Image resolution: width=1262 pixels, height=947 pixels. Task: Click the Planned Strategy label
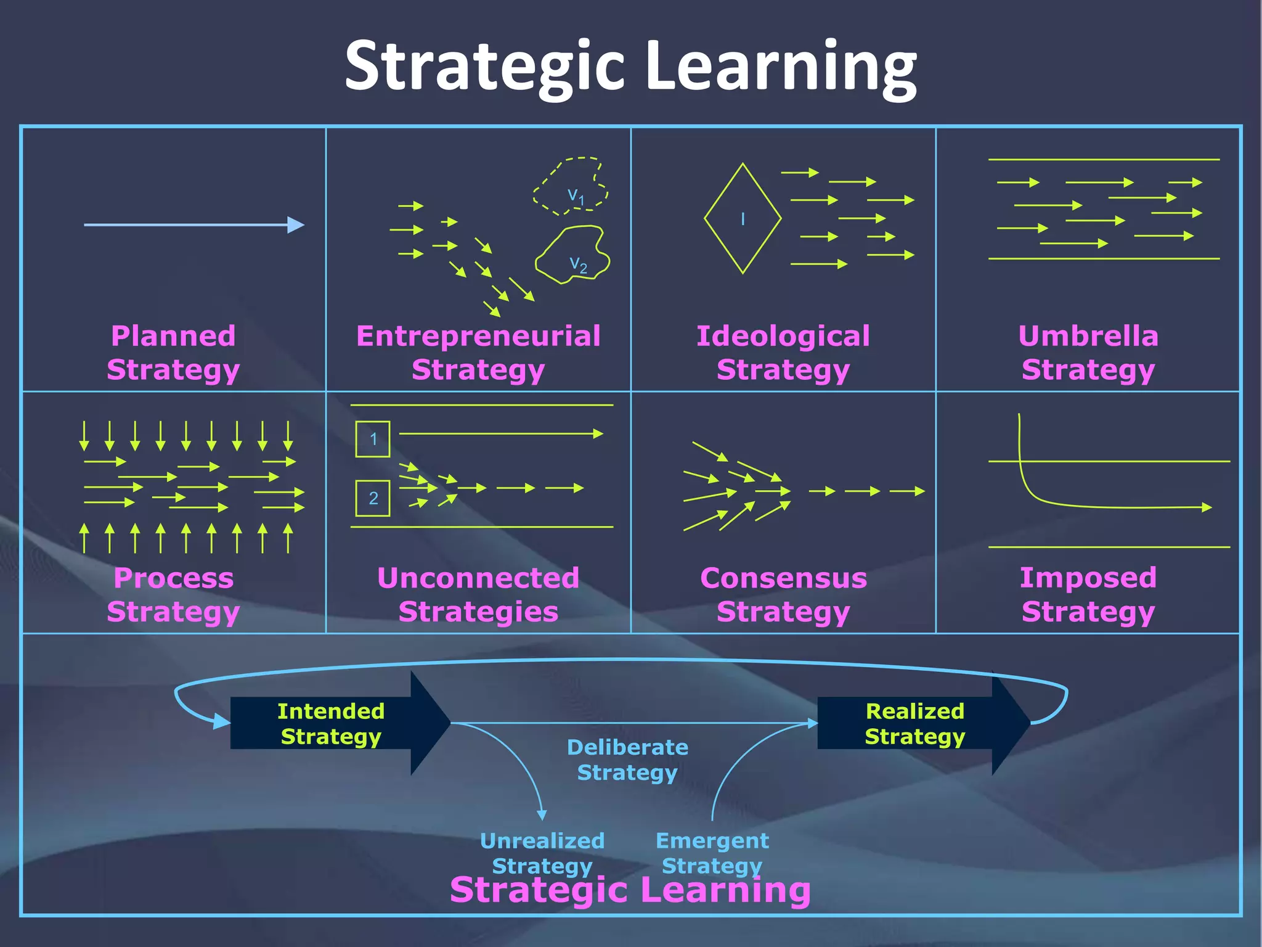(173, 353)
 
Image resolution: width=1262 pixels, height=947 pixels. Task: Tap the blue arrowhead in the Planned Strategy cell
(296, 225)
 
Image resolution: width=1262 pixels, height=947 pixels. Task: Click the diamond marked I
(743, 218)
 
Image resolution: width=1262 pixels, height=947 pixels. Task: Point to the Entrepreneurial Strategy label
(478, 353)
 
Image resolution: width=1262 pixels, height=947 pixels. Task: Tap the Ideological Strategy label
(783, 353)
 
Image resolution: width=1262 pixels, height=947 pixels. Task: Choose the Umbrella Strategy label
(1088, 353)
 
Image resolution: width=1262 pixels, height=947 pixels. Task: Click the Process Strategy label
(173, 594)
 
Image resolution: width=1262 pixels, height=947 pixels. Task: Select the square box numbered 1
(373, 439)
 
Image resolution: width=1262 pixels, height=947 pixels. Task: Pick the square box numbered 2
(373, 498)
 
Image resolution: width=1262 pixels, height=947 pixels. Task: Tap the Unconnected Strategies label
(478, 594)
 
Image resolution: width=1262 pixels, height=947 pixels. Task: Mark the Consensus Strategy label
(783, 594)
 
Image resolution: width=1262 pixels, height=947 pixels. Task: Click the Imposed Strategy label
(1088, 594)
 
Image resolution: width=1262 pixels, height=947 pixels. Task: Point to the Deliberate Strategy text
(627, 760)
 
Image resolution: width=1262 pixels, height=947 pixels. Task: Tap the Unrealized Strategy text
(542, 853)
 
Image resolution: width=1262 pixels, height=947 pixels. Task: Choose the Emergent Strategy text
(712, 853)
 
